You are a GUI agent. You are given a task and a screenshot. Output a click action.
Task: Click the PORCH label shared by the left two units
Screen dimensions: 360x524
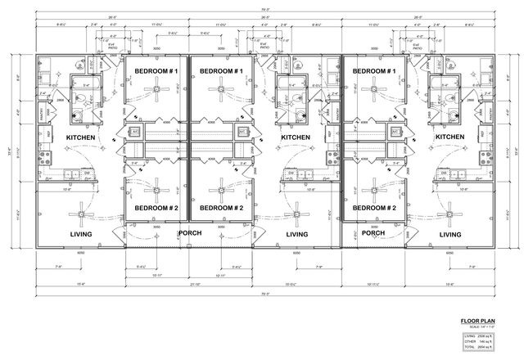[190, 232]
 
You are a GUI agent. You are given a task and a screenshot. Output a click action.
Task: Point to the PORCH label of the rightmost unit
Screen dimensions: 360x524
[373, 232]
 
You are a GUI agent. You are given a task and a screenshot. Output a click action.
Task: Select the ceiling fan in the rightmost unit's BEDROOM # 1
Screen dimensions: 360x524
[374, 93]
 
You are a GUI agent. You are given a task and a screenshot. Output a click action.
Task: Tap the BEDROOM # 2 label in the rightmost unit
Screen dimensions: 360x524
[374, 208]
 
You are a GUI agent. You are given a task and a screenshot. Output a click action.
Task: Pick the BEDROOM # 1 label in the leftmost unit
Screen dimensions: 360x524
[156, 71]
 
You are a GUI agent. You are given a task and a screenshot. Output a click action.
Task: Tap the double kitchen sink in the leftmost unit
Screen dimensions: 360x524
[72, 173]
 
